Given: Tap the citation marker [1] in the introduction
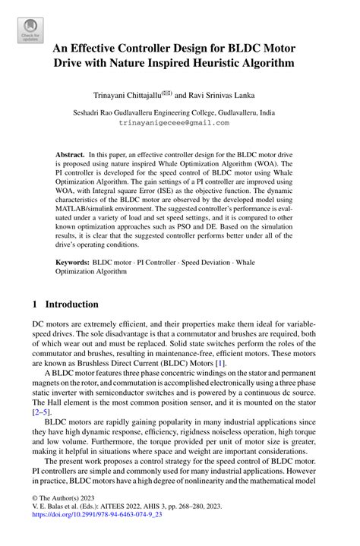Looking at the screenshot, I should pyautogui.click(x=219, y=365).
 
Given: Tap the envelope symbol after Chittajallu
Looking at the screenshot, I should pyautogui.click(x=164, y=93).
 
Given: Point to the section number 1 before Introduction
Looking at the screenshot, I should pyautogui.click(x=35, y=304).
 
